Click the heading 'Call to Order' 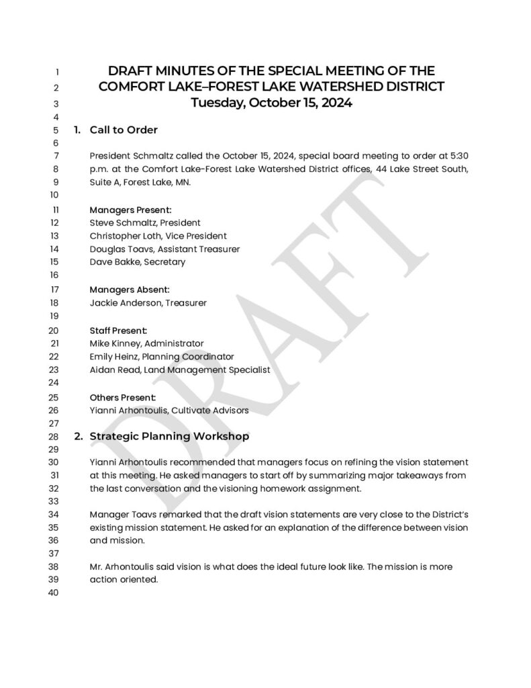(x=123, y=130)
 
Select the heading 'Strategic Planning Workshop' (x=169, y=436)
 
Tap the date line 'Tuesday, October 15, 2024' (x=271, y=103)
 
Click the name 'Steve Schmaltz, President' (x=145, y=222)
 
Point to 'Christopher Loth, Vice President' (x=158, y=236)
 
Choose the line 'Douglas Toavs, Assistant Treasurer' (x=164, y=249)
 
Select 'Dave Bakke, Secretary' (x=137, y=262)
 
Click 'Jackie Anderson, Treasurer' (x=148, y=302)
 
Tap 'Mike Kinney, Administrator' (x=146, y=343)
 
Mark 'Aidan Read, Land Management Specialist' (x=179, y=370)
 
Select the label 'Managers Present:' (x=130, y=210)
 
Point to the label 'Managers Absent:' (x=130, y=290)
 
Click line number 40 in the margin (x=54, y=593)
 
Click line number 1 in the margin (x=57, y=71)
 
